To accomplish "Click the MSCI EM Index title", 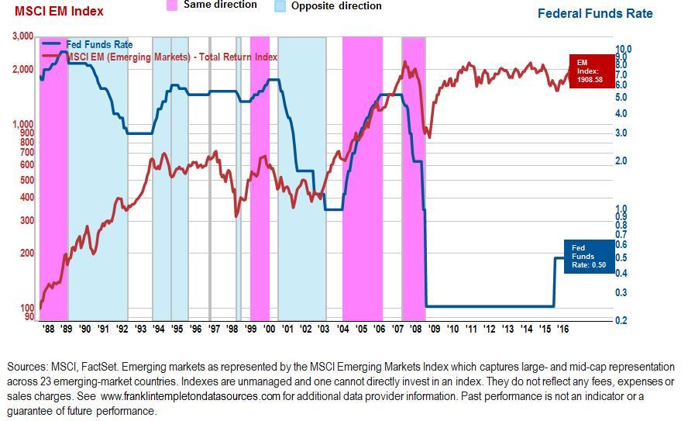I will coord(59,12).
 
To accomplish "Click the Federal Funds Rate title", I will coord(595,13).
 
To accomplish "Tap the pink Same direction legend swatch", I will coord(172,5).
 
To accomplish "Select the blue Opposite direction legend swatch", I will coord(280,5).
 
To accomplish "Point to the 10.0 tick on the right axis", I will coord(624,49).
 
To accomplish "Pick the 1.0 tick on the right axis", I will coord(621,209).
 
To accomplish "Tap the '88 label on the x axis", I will coord(49,329).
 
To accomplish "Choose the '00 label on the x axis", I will coord(269,329).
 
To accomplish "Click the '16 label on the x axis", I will coord(562,329).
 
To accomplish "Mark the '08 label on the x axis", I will coord(416,329).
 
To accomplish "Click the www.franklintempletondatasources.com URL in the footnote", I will coord(201,396).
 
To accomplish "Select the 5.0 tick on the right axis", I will coord(621,97).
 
